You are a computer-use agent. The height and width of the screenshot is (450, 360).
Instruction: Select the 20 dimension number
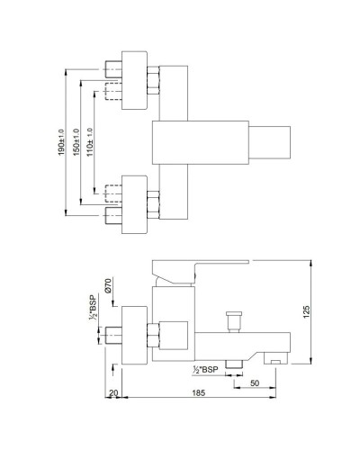click(x=114, y=393)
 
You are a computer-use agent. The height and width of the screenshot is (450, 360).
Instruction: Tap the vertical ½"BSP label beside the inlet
click(x=93, y=305)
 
